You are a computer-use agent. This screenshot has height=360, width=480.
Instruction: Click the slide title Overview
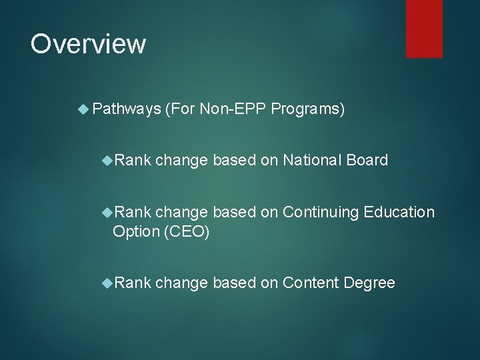click(x=88, y=44)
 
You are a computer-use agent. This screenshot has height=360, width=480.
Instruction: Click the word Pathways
click(x=126, y=109)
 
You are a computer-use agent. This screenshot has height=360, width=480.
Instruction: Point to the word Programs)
click(x=308, y=109)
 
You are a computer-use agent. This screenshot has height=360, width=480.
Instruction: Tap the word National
click(x=311, y=160)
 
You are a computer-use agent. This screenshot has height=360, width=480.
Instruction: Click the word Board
click(x=367, y=160)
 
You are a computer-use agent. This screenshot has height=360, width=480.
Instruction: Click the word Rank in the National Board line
click(x=132, y=160)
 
